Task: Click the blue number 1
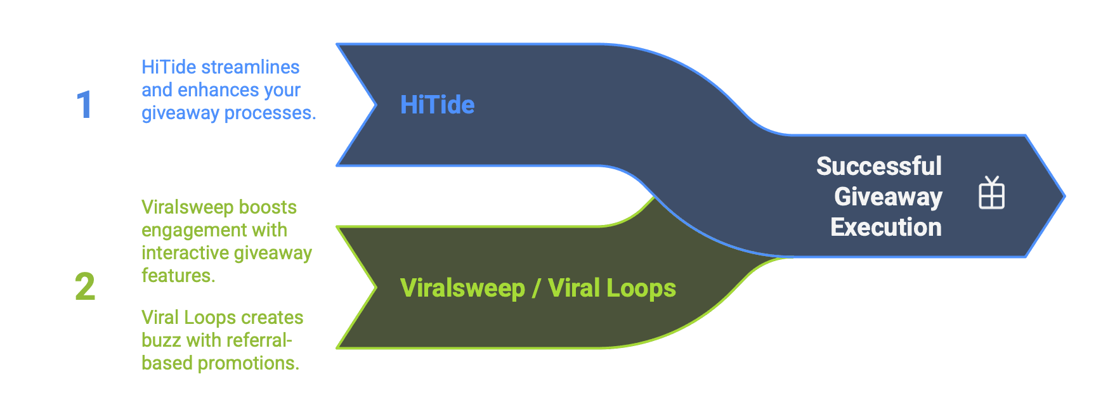tap(84, 105)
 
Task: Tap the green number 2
tap(85, 286)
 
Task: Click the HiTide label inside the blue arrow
tap(437, 105)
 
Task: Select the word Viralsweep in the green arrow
tap(462, 288)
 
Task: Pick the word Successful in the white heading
tap(878, 166)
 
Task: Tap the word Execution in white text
tap(885, 227)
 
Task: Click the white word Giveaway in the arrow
tap(888, 196)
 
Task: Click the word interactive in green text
tap(183, 253)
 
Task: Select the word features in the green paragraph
tap(178, 276)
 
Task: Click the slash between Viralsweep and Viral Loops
tap(536, 288)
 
